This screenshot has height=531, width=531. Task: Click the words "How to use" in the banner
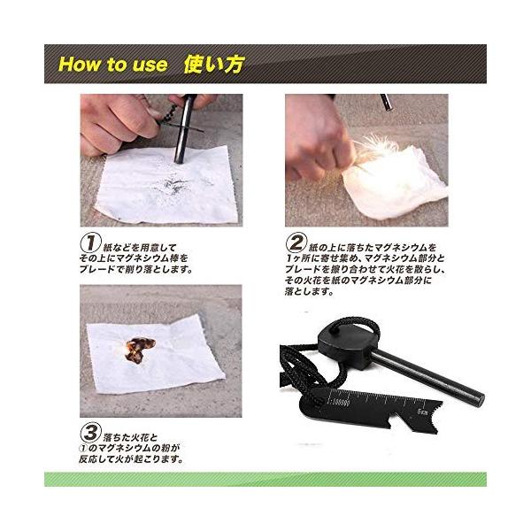[x=113, y=65]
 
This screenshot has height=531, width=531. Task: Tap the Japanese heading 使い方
[x=213, y=65]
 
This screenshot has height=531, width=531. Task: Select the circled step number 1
[x=90, y=243]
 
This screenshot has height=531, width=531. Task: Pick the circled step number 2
[x=296, y=242]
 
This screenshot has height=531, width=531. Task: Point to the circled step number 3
[x=90, y=433]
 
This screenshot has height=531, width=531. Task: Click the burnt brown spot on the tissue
[x=140, y=350]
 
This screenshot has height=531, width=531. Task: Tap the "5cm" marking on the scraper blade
[x=423, y=412]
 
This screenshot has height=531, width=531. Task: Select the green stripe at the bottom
[x=265, y=479]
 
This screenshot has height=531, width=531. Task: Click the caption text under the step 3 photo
[x=130, y=448]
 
